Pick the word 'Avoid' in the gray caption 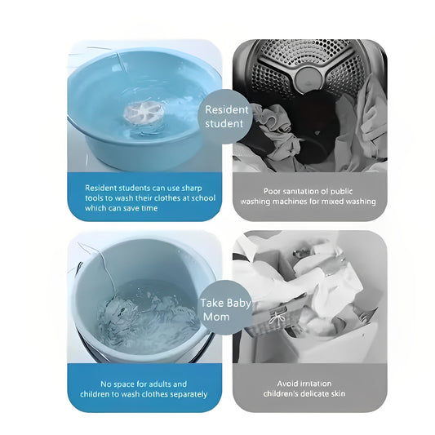point(287,384)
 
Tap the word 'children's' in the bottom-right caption point(282,394)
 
